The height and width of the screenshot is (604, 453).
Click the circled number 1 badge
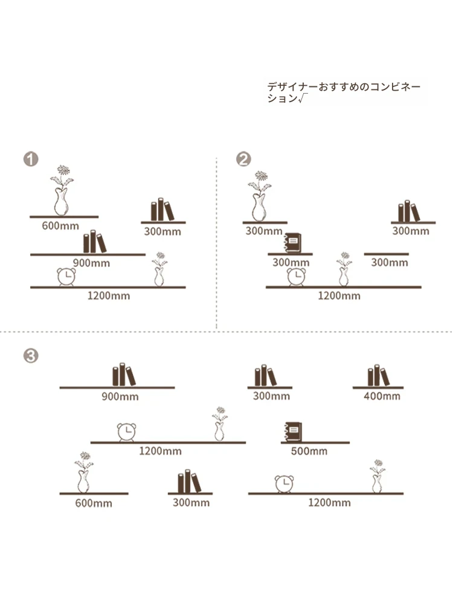coord(31,159)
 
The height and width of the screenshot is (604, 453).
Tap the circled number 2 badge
coord(243,159)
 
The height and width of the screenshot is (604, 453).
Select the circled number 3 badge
coord(31,356)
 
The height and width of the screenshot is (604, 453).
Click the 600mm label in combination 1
coord(60,226)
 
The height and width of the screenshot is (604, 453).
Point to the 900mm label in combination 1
coord(91,263)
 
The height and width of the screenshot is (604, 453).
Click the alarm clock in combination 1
coord(66,277)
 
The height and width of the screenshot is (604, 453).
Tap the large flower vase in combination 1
coord(62,190)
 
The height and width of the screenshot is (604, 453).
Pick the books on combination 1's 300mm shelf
coord(162,210)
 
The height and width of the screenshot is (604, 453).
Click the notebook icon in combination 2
coord(292,243)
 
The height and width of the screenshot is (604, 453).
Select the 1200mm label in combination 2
coord(339,296)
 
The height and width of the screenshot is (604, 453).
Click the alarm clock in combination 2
coord(296,277)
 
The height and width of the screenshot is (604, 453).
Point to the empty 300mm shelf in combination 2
coord(387,254)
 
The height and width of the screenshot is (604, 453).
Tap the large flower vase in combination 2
coord(259,196)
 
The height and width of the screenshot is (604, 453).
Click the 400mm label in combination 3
coord(382,396)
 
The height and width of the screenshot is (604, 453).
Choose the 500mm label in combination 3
coord(309,451)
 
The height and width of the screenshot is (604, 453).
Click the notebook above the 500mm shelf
coord(293,432)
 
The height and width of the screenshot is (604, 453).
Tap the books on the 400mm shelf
coord(379,375)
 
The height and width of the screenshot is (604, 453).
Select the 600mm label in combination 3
coord(94,503)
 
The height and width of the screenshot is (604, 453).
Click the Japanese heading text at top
coord(344,92)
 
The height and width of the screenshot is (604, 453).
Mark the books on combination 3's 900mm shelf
coord(124,374)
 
